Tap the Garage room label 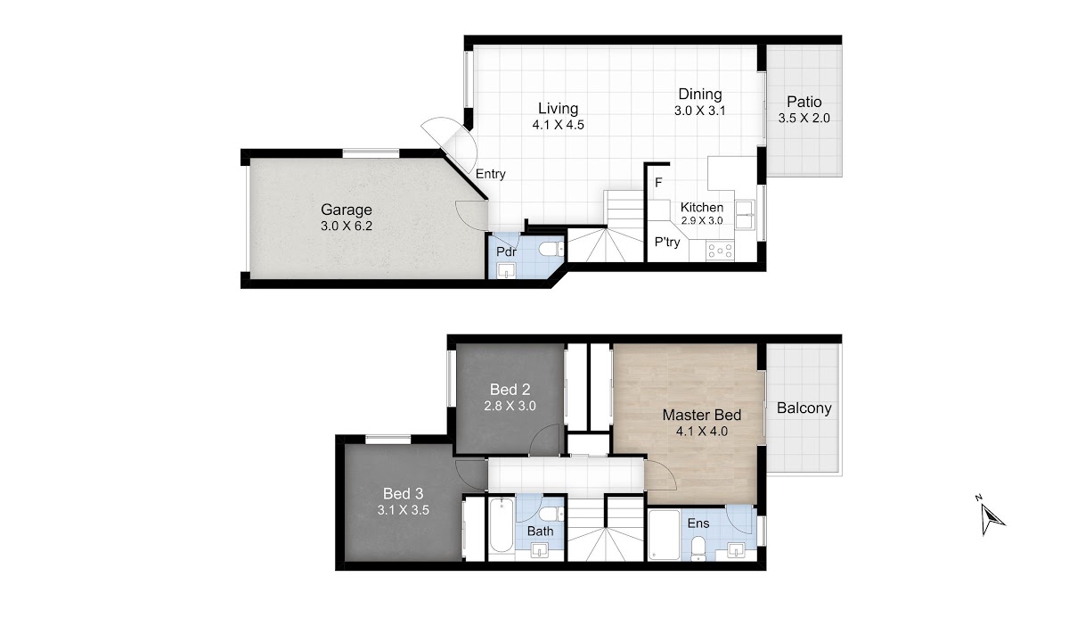[x=346, y=210]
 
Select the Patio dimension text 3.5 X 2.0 [x=804, y=118]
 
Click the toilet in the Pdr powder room [x=551, y=249]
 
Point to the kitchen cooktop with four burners [x=720, y=251]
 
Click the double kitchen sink [x=745, y=215]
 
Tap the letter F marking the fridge [x=658, y=183]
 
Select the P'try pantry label [x=667, y=243]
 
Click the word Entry [x=491, y=174]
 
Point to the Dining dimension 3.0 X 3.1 [x=699, y=111]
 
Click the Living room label [x=558, y=109]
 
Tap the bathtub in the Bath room [x=501, y=525]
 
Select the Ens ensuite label [x=698, y=523]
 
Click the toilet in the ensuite [x=698, y=548]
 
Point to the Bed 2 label [x=510, y=390]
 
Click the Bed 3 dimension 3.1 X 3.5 [x=404, y=510]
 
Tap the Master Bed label [x=702, y=415]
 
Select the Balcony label [x=804, y=408]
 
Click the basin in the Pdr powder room [x=506, y=270]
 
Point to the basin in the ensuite [x=736, y=550]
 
